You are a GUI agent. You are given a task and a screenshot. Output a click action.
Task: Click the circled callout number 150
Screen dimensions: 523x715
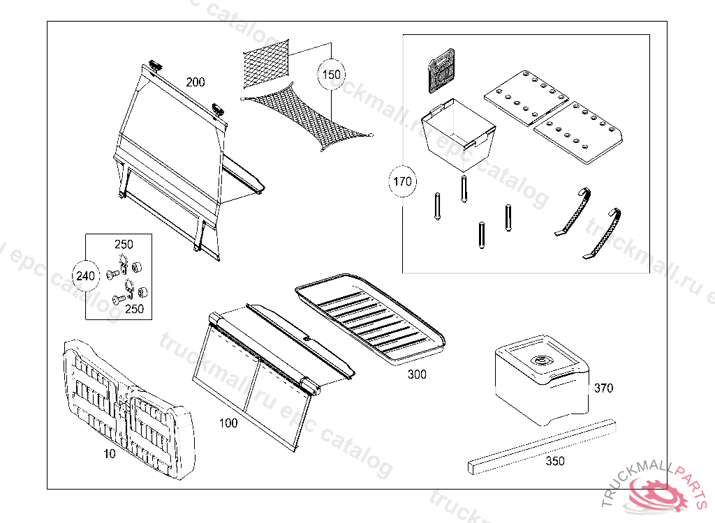tap(332, 74)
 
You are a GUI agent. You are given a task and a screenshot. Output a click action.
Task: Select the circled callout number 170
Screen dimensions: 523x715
tap(403, 183)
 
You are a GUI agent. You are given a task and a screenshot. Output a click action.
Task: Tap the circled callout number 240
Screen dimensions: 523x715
tap(85, 276)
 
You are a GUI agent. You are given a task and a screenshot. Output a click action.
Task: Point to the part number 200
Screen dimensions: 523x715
tap(196, 82)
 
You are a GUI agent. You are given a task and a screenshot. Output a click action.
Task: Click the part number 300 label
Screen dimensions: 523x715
tap(417, 374)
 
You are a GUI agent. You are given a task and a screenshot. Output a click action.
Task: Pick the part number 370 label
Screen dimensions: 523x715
tap(603, 388)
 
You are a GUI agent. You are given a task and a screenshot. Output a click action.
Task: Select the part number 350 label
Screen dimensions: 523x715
tap(555, 461)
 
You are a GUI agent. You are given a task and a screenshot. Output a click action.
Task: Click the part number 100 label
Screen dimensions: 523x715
tap(228, 423)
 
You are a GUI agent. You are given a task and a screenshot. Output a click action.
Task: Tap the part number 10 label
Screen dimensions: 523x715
tap(110, 453)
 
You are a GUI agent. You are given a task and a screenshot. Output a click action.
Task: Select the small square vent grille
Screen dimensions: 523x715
tap(441, 70)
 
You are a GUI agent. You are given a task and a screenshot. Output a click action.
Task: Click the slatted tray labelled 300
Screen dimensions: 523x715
tap(370, 318)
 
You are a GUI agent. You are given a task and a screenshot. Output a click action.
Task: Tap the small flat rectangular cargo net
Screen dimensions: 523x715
tap(266, 63)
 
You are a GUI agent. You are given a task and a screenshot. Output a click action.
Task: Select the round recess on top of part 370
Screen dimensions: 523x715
tap(540, 361)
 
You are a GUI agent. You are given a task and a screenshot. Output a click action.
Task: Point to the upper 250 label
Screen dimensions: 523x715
tap(124, 245)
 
